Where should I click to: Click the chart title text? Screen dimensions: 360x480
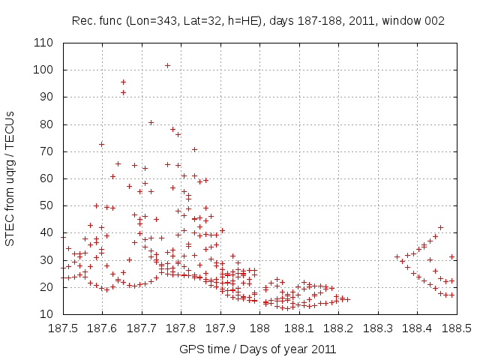click(x=258, y=21)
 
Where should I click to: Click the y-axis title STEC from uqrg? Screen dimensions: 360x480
click(x=10, y=178)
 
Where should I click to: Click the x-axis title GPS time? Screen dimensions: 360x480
click(x=257, y=349)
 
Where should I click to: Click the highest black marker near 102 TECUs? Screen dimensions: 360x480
click(x=167, y=65)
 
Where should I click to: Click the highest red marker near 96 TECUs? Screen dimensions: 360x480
click(x=123, y=82)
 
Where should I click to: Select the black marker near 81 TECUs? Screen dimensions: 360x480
click(x=151, y=122)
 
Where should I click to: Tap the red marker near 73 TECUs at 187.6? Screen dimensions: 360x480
click(x=101, y=144)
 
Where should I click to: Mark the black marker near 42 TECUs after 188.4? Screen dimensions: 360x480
click(x=440, y=227)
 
